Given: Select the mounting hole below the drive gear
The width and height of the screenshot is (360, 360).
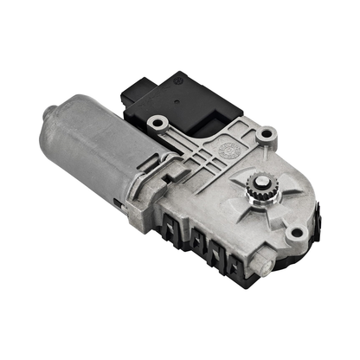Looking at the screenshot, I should pyautogui.click(x=295, y=231).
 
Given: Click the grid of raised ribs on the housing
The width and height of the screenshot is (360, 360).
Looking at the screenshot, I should pyautogui.click(x=195, y=156).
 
